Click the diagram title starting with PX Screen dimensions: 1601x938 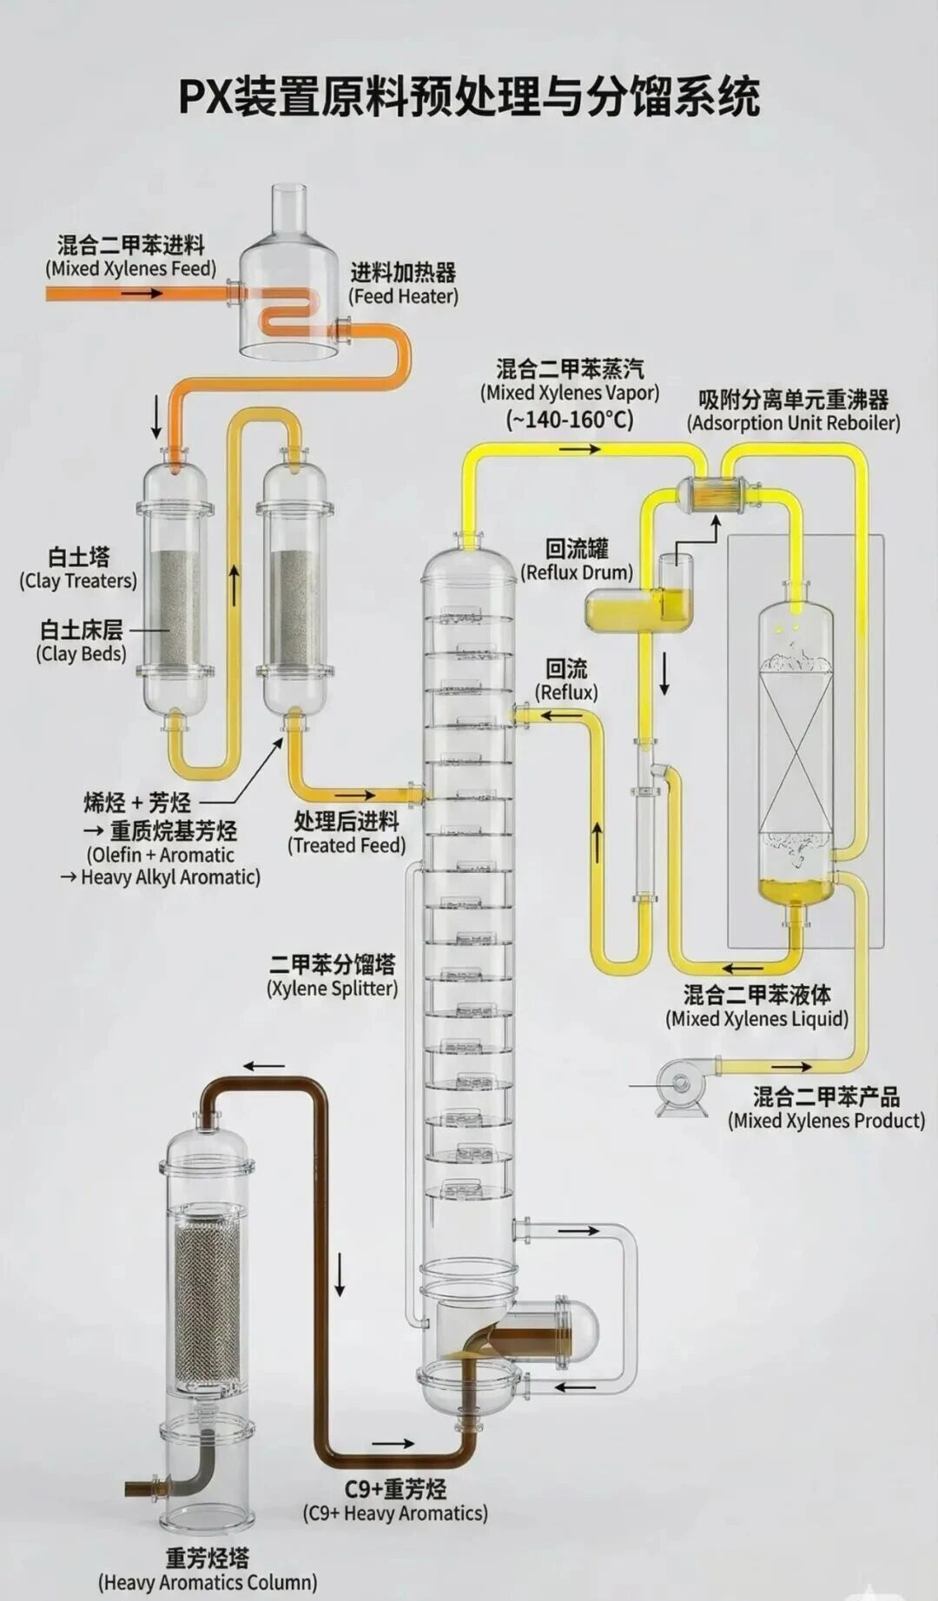point(469,96)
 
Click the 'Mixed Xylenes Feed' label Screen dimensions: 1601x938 point(131,257)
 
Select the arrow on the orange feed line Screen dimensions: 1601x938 point(142,294)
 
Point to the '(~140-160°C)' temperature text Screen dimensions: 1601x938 point(570,420)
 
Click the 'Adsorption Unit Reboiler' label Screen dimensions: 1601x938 point(793,412)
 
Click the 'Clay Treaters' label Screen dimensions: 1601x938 point(78,569)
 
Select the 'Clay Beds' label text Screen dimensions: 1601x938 point(81,642)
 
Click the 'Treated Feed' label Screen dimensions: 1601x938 point(347,833)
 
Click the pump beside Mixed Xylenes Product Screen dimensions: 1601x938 point(682,1086)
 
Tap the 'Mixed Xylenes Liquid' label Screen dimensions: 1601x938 point(756,1007)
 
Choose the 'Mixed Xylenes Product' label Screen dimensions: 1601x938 point(826,1108)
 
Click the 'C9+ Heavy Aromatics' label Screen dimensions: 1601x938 point(395,1501)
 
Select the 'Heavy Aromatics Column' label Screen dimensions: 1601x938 point(208,1571)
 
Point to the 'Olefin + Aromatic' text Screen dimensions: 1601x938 point(161,854)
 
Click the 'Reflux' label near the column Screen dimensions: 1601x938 point(566,680)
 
